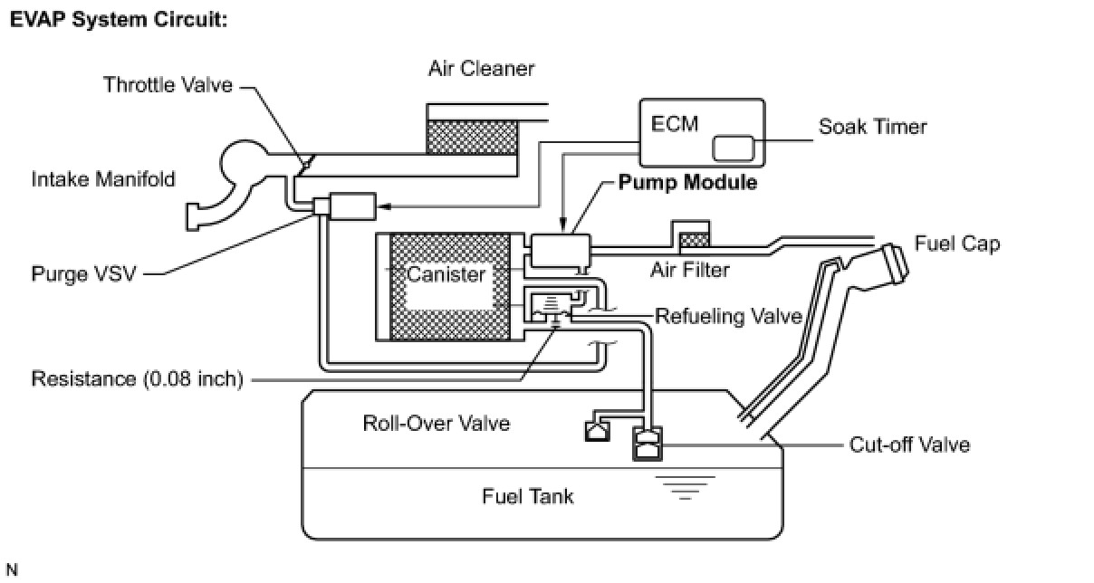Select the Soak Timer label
(x=872, y=127)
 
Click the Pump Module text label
(x=687, y=183)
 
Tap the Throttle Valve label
(x=168, y=85)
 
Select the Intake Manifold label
(x=103, y=179)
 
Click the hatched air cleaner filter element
(x=471, y=138)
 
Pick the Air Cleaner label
(x=482, y=69)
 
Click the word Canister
(x=446, y=274)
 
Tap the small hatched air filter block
(x=695, y=240)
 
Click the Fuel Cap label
(x=956, y=244)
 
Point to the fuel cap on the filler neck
(x=891, y=263)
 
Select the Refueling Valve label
(x=728, y=316)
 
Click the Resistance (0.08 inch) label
(x=138, y=378)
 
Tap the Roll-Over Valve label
(x=436, y=423)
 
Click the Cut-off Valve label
(x=909, y=444)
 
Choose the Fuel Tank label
(x=528, y=496)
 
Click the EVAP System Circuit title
(x=118, y=19)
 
